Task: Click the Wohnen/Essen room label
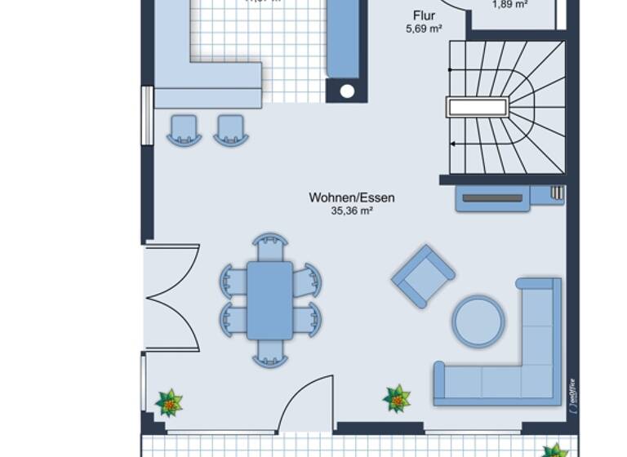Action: [x=352, y=197]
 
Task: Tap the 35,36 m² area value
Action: [x=352, y=211]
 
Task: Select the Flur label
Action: [x=424, y=16]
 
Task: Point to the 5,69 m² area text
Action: [x=424, y=29]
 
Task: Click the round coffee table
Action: [x=478, y=322]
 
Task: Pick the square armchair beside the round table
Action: [x=423, y=276]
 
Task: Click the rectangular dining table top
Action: [x=269, y=299]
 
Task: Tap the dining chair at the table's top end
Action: [x=270, y=246]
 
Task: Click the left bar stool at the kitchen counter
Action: [x=185, y=130]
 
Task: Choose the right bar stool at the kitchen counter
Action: [x=231, y=130]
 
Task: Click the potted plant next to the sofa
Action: [x=398, y=399]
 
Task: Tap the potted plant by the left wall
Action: [x=169, y=402]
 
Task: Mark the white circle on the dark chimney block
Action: [x=347, y=91]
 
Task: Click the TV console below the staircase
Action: [x=492, y=198]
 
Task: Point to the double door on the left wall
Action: [x=171, y=297]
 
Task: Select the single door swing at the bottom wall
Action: [x=309, y=404]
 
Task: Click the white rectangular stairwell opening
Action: [x=478, y=107]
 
